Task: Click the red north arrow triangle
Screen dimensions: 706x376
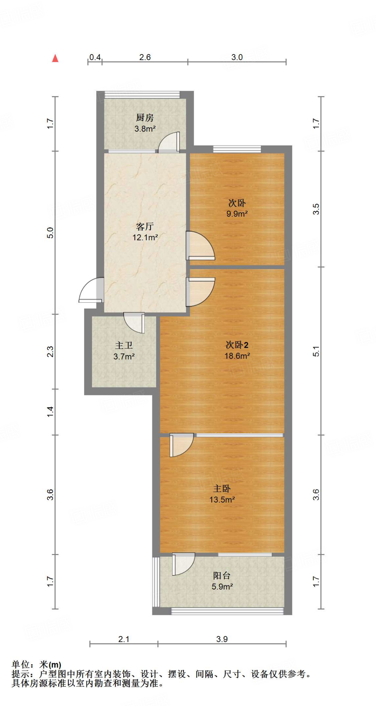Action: pos(55,58)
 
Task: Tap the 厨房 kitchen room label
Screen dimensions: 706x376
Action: pos(145,118)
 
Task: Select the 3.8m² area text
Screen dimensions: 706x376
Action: pos(145,129)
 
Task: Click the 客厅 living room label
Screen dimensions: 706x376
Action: pos(145,226)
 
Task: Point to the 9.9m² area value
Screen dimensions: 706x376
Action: pos(237,214)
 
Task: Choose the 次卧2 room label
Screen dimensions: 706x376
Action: pos(237,345)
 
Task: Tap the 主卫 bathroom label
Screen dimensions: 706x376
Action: pos(124,345)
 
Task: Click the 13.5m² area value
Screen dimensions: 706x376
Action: pos(222,500)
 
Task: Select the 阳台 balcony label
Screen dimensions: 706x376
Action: pos(222,575)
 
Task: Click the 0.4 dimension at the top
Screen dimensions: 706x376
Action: pos(95,57)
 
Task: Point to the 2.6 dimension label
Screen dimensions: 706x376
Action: pos(145,57)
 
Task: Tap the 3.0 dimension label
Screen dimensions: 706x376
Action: pos(237,57)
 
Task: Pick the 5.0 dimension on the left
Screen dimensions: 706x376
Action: pos(50,233)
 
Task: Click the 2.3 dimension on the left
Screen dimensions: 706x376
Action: pos(50,352)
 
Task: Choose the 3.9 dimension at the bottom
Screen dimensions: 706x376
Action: pos(222,639)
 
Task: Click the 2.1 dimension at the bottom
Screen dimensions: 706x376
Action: pos(124,639)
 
